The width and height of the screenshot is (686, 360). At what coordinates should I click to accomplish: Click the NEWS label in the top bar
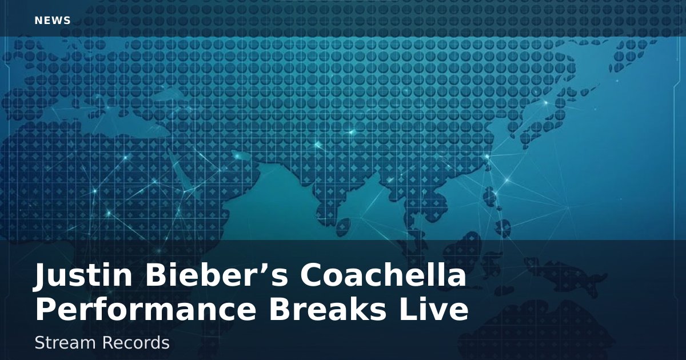click(x=53, y=21)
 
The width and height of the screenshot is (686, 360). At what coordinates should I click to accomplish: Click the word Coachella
click(x=383, y=277)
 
